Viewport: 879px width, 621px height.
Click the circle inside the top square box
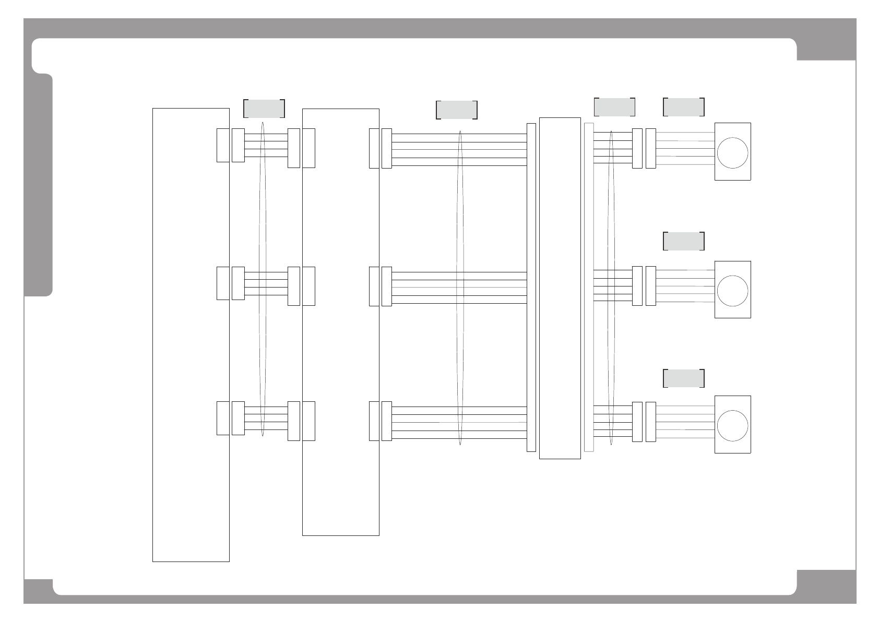(x=732, y=153)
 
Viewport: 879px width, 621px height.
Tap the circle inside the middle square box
(x=732, y=291)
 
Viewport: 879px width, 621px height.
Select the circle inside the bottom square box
(x=732, y=425)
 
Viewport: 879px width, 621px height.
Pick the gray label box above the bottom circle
(x=684, y=378)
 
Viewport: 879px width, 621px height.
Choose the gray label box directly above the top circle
(x=684, y=107)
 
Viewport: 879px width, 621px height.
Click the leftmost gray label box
(x=264, y=109)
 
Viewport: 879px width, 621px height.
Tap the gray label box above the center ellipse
(x=457, y=110)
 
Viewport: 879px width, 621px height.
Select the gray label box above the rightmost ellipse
(x=614, y=107)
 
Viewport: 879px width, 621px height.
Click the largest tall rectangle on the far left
(x=191, y=335)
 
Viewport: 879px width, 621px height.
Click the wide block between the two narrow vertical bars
(x=560, y=288)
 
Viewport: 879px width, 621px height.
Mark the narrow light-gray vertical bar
(x=589, y=287)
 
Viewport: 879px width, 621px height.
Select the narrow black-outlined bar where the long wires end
(x=531, y=287)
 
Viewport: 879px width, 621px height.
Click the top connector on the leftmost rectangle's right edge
(x=223, y=145)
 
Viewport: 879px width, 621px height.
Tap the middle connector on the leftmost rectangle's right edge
(x=223, y=283)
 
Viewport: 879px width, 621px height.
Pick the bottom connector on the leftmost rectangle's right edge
(x=223, y=418)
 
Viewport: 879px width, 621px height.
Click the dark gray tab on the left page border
(x=39, y=185)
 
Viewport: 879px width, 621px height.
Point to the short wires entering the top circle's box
(x=685, y=149)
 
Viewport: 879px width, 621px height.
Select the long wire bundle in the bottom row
(x=459, y=423)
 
